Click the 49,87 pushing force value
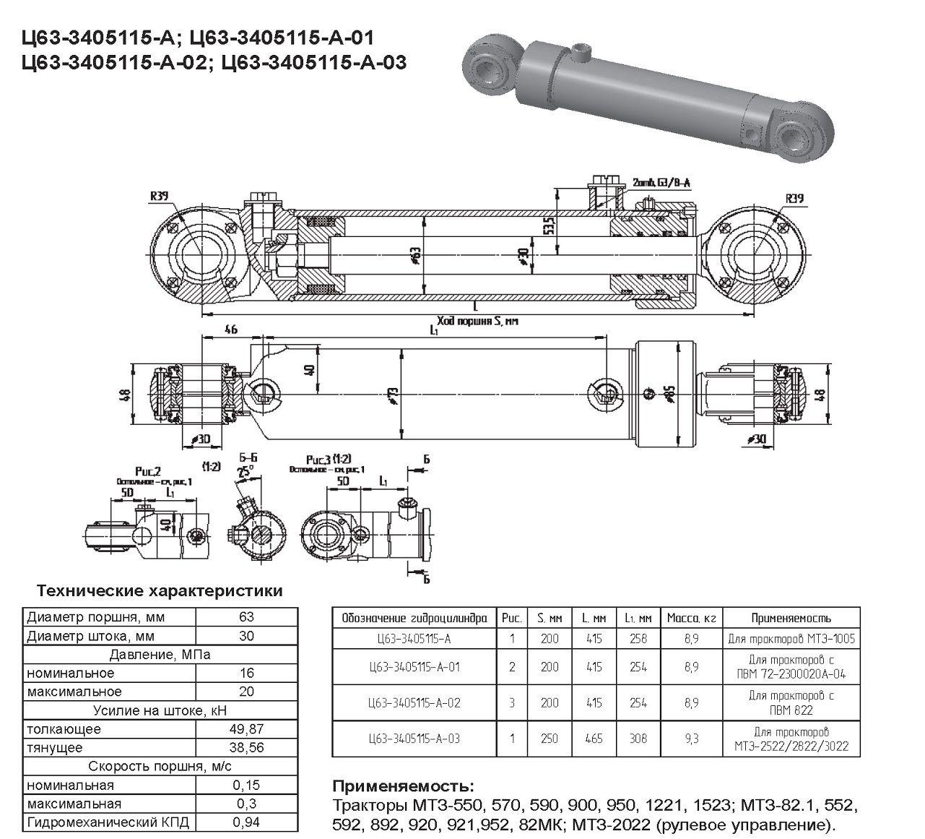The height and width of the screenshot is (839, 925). click(x=246, y=729)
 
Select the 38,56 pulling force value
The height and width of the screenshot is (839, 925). click(x=246, y=748)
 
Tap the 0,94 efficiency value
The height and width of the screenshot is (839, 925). click(x=246, y=822)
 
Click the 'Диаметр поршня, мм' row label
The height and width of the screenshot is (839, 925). click(x=96, y=617)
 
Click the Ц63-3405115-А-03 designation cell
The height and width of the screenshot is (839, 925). click(x=414, y=739)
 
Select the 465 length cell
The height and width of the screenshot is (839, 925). click(x=593, y=739)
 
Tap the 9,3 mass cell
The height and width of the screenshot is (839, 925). click(x=691, y=739)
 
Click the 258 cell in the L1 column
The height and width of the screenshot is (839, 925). click(x=638, y=639)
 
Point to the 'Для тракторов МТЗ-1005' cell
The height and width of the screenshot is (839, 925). click(x=791, y=639)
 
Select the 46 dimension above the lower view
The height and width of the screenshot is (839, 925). click(x=231, y=330)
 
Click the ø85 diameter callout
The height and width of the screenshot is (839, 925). click(x=670, y=394)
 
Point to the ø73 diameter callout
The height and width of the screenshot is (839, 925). click(x=393, y=395)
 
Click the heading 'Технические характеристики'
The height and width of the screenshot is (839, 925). click(x=160, y=591)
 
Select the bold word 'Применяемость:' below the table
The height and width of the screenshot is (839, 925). click(x=403, y=786)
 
